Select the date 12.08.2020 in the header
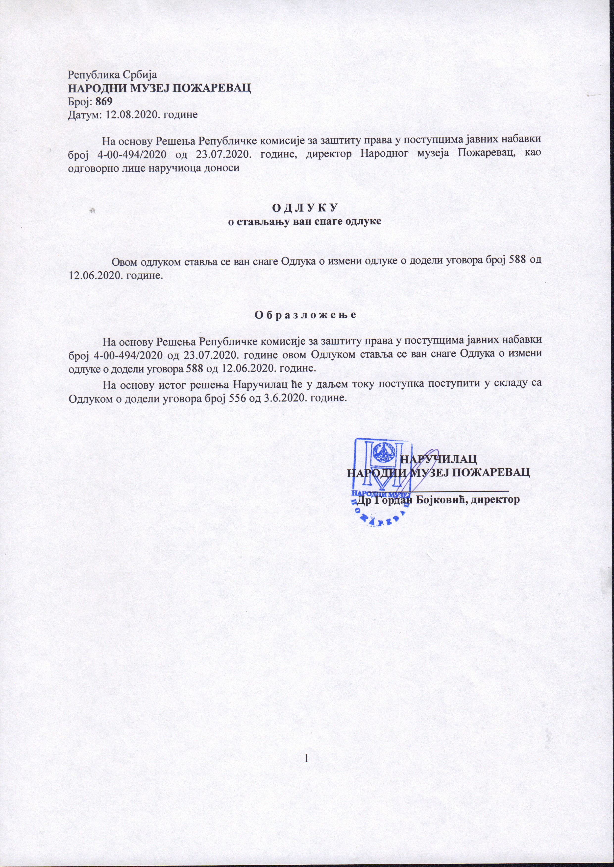[130, 115]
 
